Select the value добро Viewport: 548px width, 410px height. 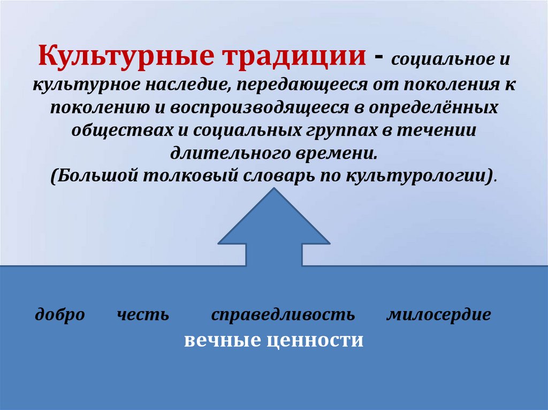[60, 314]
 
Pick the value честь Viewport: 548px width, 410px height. [143, 314]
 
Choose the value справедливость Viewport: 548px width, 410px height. [283, 314]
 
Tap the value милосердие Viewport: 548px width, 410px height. [438, 314]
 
